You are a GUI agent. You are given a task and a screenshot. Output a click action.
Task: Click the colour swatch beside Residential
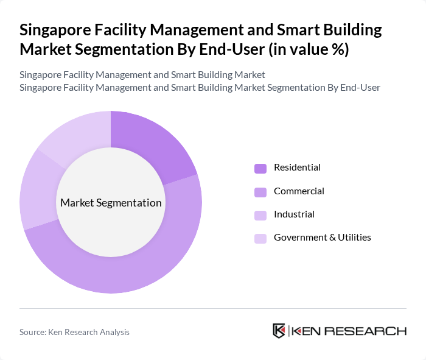[260, 168]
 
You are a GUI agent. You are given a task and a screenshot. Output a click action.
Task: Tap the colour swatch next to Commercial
[260, 192]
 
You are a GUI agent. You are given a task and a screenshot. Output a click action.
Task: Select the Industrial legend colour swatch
[260, 215]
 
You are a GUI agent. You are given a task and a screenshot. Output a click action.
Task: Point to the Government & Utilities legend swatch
[260, 238]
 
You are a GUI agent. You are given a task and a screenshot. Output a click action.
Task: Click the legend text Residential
[297, 168]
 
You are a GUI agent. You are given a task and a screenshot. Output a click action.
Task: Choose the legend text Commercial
[299, 191]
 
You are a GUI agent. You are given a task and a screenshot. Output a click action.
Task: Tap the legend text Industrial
[294, 214]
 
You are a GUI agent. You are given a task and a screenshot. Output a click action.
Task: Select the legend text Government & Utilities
[322, 238]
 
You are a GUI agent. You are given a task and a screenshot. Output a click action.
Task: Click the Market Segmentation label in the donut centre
[111, 203]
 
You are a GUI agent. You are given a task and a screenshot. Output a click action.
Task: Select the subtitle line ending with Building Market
[142, 75]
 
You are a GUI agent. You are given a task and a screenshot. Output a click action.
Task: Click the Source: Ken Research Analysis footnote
[74, 332]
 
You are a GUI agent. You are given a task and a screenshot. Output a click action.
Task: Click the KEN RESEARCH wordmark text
[349, 331]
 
